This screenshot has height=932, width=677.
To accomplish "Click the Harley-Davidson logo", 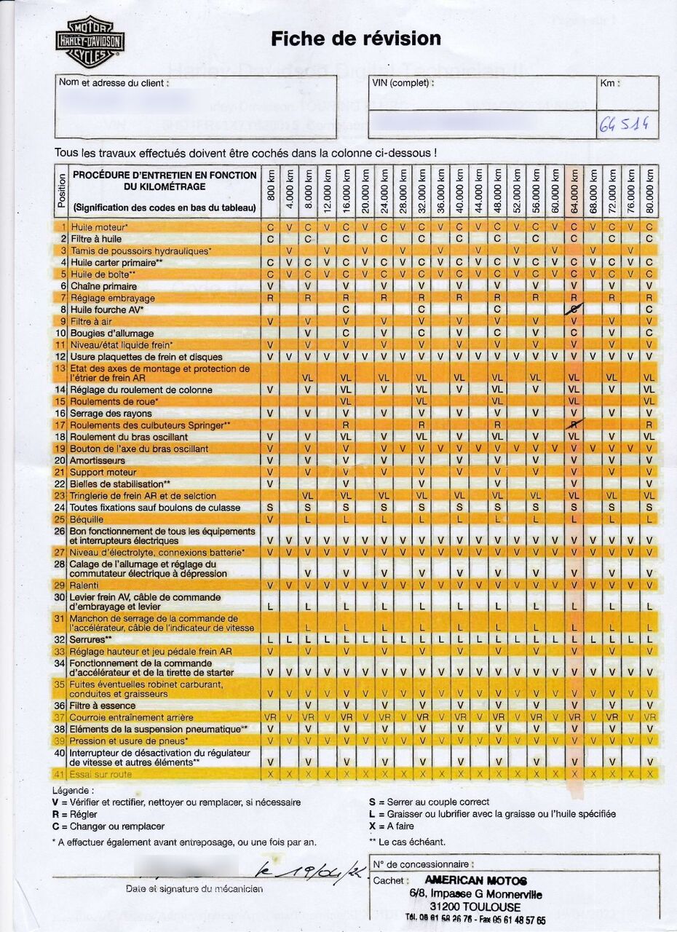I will pos(90,42).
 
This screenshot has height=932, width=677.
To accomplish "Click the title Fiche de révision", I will pos(356,39).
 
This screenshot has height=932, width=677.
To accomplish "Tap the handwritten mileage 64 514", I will pos(625,125).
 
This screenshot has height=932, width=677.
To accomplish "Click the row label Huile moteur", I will pos(99,227).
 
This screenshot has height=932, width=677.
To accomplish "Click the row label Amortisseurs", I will pos(98,460).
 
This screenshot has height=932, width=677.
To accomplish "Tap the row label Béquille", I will pos(87,520).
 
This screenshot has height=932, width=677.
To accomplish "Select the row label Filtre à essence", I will pos(103,706).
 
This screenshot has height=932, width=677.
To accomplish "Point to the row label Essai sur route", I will pos(101,774).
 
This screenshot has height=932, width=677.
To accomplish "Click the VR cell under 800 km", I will pos(270,717).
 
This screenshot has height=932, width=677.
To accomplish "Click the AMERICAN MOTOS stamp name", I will pos(475,880).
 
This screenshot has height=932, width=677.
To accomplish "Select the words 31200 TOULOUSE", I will pos(475,907).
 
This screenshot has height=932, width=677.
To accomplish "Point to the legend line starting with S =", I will pos(429,802).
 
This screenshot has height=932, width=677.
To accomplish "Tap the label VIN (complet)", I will pos(403,83).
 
